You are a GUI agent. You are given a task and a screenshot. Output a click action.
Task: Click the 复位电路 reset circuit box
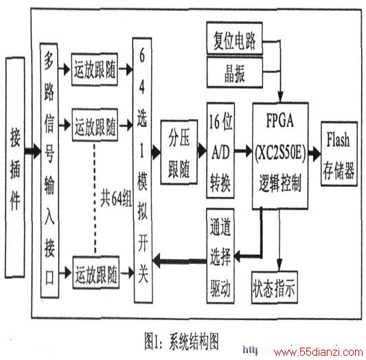[x=235, y=38]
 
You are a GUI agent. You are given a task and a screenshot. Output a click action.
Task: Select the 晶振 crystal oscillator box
[x=235, y=73]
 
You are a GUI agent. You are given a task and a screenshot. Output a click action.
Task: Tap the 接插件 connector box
[x=15, y=168]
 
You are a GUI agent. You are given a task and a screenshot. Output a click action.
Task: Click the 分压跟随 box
[x=179, y=153]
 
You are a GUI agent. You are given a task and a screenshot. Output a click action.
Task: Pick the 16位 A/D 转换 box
[x=220, y=150]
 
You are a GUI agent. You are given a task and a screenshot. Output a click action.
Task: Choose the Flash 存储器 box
[x=339, y=154]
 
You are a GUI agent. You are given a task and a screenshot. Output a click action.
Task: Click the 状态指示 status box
[x=275, y=287]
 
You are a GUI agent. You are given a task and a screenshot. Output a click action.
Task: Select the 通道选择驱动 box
[x=220, y=256]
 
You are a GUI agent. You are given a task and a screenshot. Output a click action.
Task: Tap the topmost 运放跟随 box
[x=95, y=69]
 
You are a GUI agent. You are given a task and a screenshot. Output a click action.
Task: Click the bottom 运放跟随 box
[x=96, y=273]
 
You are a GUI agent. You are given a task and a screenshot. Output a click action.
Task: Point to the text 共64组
[x=116, y=199]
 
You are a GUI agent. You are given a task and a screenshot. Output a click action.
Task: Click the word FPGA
[x=280, y=120]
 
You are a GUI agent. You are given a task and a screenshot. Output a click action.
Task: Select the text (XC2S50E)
[x=280, y=153]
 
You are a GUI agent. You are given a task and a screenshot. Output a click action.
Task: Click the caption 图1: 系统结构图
[x=181, y=341]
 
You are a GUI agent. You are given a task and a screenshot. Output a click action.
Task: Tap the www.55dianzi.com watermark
[x=319, y=352]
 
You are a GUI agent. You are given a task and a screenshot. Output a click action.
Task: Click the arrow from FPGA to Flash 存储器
[x=314, y=154]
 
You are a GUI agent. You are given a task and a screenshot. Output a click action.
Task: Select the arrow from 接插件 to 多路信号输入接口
[x=33, y=151]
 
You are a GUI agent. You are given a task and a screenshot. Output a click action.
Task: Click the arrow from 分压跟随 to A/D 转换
[x=202, y=150]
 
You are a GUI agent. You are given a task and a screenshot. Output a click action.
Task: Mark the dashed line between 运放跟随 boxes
[x=95, y=199]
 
